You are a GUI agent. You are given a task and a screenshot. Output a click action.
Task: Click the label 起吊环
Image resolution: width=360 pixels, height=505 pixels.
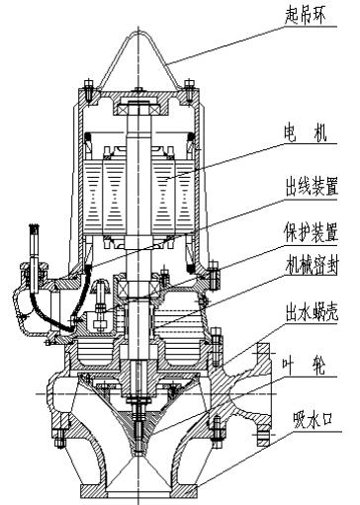[305, 16]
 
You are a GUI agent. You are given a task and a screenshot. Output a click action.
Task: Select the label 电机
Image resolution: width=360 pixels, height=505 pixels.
[305, 134]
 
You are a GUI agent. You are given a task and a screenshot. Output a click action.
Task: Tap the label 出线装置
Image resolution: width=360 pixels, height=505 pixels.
[312, 188]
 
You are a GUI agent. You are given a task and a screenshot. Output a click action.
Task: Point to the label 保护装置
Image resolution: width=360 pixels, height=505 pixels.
[312, 233]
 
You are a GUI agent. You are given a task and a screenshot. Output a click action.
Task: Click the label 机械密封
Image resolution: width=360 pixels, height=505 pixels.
[312, 265]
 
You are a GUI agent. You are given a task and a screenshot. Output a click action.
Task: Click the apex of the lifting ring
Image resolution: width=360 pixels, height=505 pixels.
[138, 32]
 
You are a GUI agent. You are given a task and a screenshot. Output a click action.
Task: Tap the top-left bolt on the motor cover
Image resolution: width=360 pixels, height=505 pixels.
[89, 90]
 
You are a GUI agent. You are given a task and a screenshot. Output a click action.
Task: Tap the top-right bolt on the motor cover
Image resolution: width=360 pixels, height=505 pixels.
[189, 90]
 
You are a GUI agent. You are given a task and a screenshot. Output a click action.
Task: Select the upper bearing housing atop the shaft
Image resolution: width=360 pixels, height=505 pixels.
[138, 106]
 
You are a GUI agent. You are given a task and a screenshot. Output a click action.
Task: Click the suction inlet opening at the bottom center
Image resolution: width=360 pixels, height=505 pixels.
[138, 494]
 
